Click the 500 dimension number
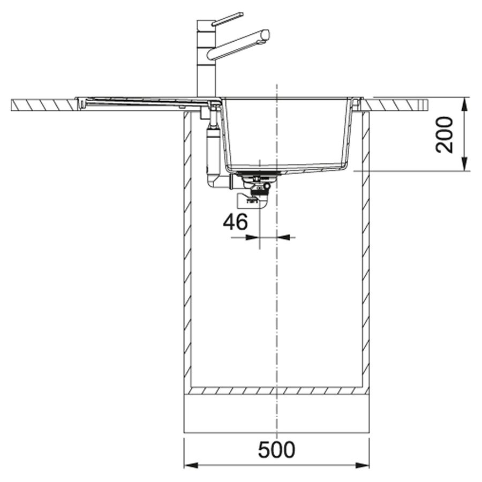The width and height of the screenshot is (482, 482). click(276, 450)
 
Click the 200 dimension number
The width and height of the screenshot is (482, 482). click(445, 134)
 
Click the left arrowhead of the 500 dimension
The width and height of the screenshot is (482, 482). click(191, 465)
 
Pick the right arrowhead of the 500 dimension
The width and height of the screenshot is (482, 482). click(362, 465)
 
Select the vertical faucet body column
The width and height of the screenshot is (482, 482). click(206, 58)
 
